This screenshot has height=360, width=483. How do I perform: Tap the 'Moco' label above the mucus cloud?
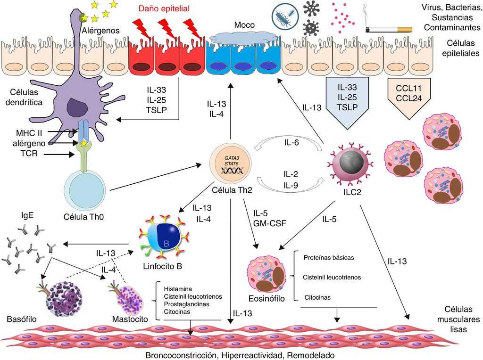(244, 24)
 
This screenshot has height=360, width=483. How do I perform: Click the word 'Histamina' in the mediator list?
(178, 289)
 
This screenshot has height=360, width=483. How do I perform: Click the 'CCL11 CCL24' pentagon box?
(404, 91)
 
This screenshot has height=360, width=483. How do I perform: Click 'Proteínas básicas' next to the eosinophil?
(329, 258)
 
